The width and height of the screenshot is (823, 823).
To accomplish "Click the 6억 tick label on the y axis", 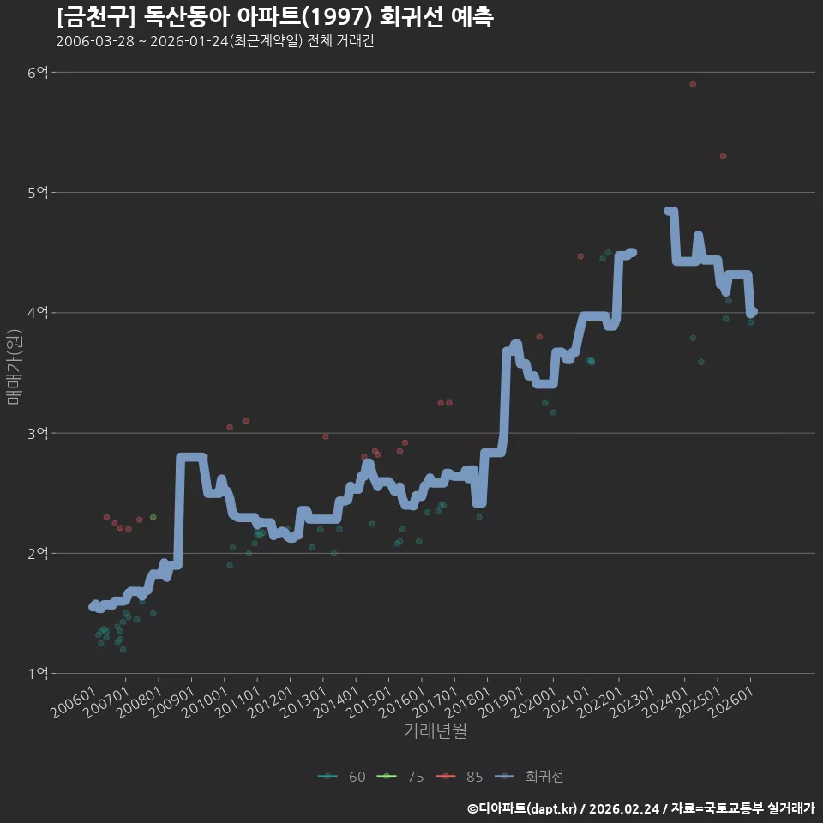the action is click(38, 72).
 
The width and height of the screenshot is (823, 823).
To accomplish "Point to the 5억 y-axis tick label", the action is click(38, 193).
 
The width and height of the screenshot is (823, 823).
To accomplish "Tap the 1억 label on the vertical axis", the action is click(38, 674).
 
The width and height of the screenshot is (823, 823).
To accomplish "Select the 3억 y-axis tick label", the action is click(38, 433).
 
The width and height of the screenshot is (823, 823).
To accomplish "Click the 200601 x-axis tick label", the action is click(74, 702).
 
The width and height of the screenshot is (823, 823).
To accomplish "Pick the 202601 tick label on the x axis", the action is click(730, 702).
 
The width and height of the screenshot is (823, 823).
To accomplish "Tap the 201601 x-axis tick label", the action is click(402, 702).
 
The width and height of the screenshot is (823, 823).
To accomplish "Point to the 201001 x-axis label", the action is click(205, 702).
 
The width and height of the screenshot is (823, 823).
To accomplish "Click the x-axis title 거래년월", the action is click(436, 730).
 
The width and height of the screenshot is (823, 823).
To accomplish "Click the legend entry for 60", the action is click(342, 777).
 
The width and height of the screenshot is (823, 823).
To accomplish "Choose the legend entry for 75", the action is click(400, 777).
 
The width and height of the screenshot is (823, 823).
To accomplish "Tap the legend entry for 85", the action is click(460, 777).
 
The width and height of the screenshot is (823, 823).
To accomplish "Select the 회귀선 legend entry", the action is click(529, 777).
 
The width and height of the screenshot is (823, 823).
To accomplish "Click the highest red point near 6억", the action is click(693, 85).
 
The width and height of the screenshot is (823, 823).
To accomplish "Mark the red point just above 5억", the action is click(724, 156).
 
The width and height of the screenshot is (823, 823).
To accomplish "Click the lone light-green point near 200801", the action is click(153, 517).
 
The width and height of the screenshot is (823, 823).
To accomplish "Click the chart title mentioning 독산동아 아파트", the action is click(275, 17).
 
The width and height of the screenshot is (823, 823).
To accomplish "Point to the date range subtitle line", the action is click(215, 41).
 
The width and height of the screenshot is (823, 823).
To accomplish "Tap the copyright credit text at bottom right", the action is click(641, 808).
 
